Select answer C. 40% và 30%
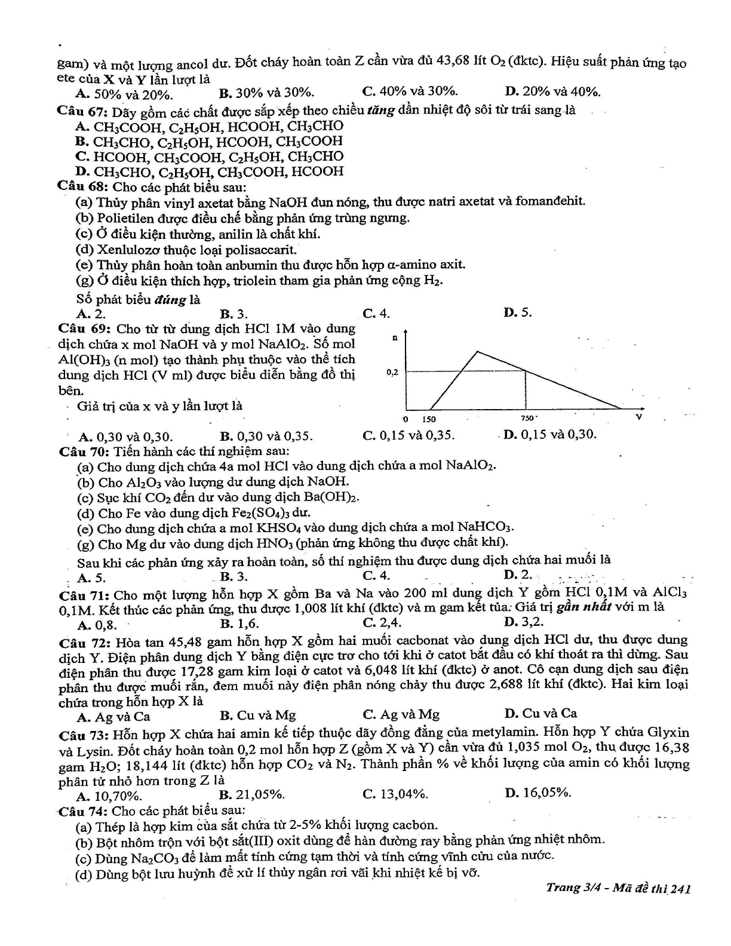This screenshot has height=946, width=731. pos(410,91)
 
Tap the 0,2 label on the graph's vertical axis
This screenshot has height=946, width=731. pos(392,372)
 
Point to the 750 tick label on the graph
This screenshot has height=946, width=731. pos(528,419)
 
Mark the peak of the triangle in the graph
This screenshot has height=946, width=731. pos(477,352)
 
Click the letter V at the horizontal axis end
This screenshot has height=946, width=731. pos(638,416)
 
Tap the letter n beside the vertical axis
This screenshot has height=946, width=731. pos(395,338)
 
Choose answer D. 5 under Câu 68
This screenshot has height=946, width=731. pos(517,312)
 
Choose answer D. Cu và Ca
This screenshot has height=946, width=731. pos(540,713)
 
